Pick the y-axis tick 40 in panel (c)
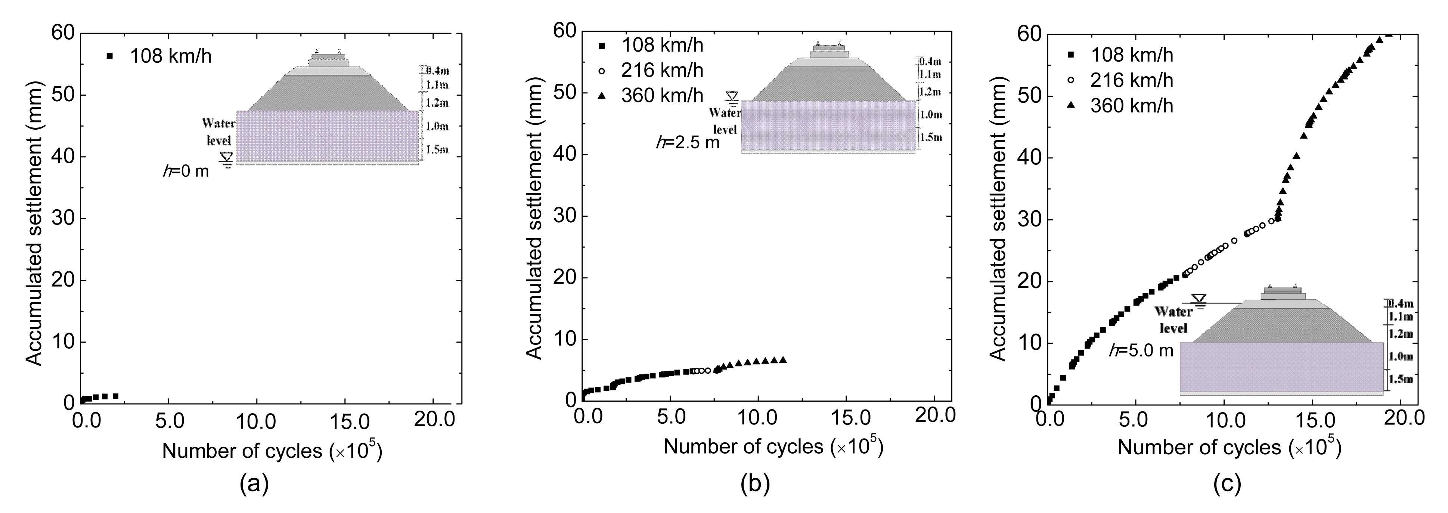click(x=1028, y=158)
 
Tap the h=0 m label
click(x=186, y=170)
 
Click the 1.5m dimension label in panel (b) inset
click(x=930, y=137)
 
